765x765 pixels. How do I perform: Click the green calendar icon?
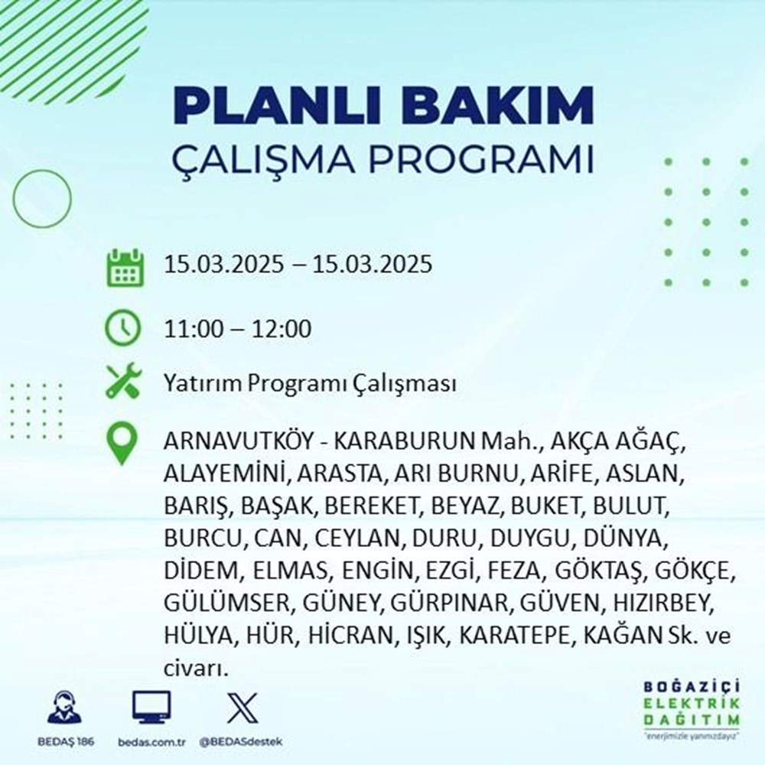(123, 267)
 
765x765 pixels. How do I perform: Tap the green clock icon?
(122, 330)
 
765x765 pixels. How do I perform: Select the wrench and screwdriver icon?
(122, 382)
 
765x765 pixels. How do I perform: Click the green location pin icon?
(122, 444)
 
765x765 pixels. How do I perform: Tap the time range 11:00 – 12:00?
(238, 330)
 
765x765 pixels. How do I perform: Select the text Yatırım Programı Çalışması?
(310, 383)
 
